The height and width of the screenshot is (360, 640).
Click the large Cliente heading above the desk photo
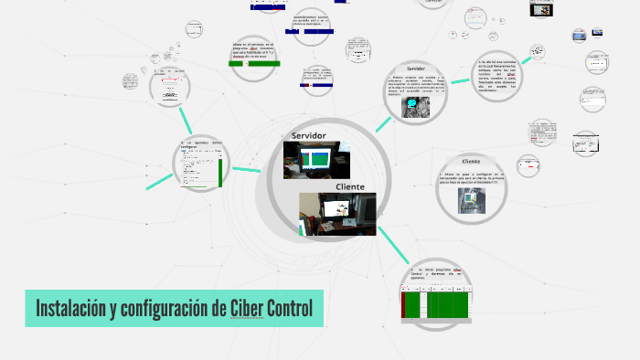click(x=349, y=186)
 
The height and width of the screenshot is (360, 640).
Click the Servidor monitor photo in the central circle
click(x=310, y=161)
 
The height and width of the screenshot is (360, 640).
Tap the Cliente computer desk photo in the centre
click(x=337, y=213)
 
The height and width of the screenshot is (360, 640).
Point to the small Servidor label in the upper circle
click(x=415, y=69)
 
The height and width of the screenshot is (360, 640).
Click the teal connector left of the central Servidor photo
click(x=247, y=169)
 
